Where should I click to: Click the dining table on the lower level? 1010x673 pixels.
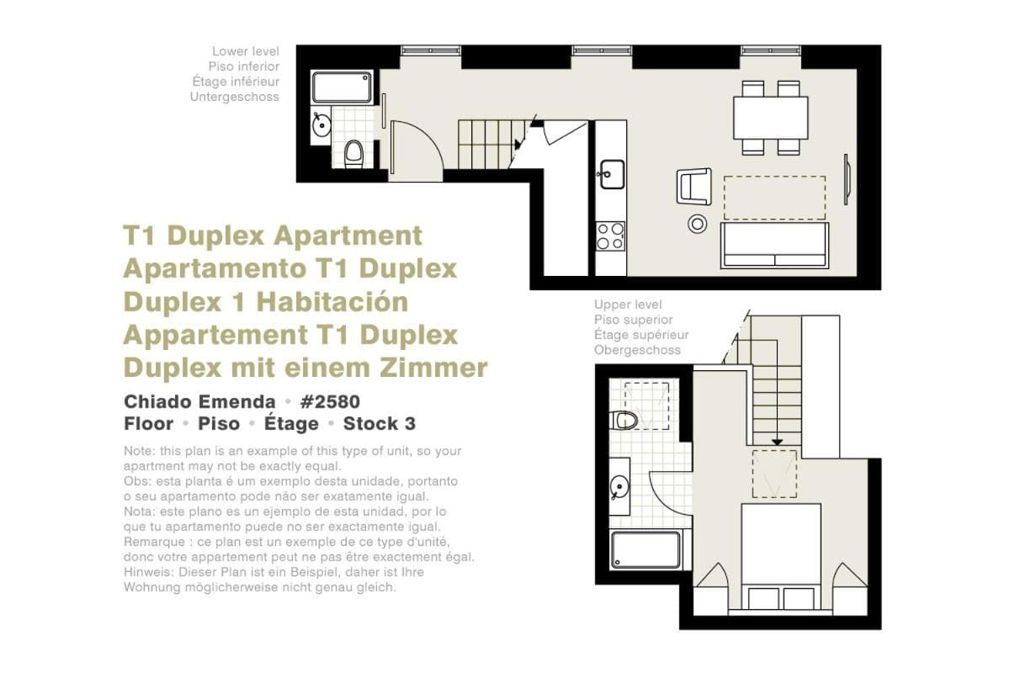770,118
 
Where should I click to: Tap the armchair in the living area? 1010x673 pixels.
694,186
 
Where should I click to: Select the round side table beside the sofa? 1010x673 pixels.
697,224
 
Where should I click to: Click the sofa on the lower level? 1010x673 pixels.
774,246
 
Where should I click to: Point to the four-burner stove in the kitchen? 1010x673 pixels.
610,236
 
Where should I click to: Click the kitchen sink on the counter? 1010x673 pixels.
611,174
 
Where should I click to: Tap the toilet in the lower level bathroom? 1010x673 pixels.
354,154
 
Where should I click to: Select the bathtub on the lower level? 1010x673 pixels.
342,87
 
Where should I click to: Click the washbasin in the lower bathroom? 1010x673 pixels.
321,125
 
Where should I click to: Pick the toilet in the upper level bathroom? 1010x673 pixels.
623,420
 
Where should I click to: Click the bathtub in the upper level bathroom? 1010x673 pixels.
646,550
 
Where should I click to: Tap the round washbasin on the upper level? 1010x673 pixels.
619,487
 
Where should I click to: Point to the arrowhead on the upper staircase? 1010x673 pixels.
777,442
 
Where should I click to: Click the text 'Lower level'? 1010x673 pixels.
246,51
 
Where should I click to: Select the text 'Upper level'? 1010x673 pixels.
628,305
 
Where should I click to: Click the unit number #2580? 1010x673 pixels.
330,401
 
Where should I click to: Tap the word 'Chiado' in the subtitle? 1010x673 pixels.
154,401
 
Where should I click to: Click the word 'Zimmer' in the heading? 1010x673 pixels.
433,368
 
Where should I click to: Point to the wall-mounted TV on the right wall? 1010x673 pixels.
847,179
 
